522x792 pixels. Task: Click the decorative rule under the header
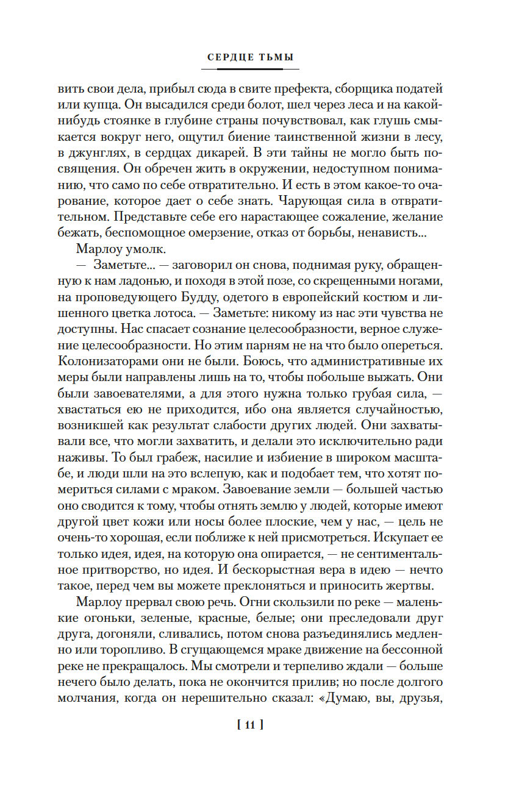tap(250, 69)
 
